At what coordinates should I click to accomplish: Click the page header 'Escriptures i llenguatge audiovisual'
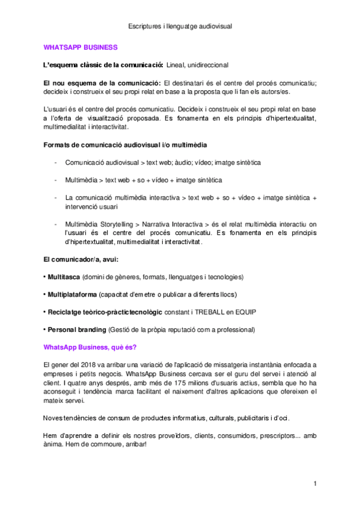[180, 26]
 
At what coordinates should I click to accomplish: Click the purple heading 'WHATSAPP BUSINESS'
[81, 47]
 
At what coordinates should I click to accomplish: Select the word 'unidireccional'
[208, 65]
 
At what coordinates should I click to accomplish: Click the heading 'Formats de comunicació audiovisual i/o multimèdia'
[126, 144]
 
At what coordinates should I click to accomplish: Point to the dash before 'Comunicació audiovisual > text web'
[56, 162]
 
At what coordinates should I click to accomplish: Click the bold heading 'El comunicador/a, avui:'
[81, 259]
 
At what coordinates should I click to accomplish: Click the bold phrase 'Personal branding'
[77, 330]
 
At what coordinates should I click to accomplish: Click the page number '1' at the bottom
[315, 484]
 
